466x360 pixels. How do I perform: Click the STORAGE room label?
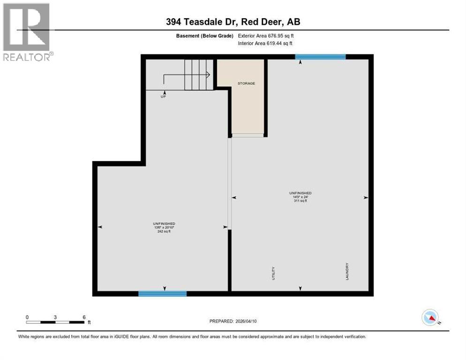[x=246, y=83]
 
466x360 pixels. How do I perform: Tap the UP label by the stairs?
[x=164, y=96]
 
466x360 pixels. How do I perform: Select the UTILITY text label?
[x=273, y=273]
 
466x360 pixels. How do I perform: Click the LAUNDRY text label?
[x=347, y=270]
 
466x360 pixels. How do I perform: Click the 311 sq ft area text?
[x=300, y=201]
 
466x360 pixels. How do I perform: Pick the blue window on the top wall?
[x=320, y=57]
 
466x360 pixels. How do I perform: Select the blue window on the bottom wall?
[x=162, y=294]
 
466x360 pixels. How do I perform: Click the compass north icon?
[x=430, y=318]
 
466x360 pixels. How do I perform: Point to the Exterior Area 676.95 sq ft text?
[x=266, y=36]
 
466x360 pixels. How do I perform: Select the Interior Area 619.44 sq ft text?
[x=265, y=43]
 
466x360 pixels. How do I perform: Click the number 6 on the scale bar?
[x=84, y=317]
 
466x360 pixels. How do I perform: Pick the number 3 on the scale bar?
[x=55, y=317]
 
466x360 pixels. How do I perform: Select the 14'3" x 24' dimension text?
[x=300, y=197]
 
